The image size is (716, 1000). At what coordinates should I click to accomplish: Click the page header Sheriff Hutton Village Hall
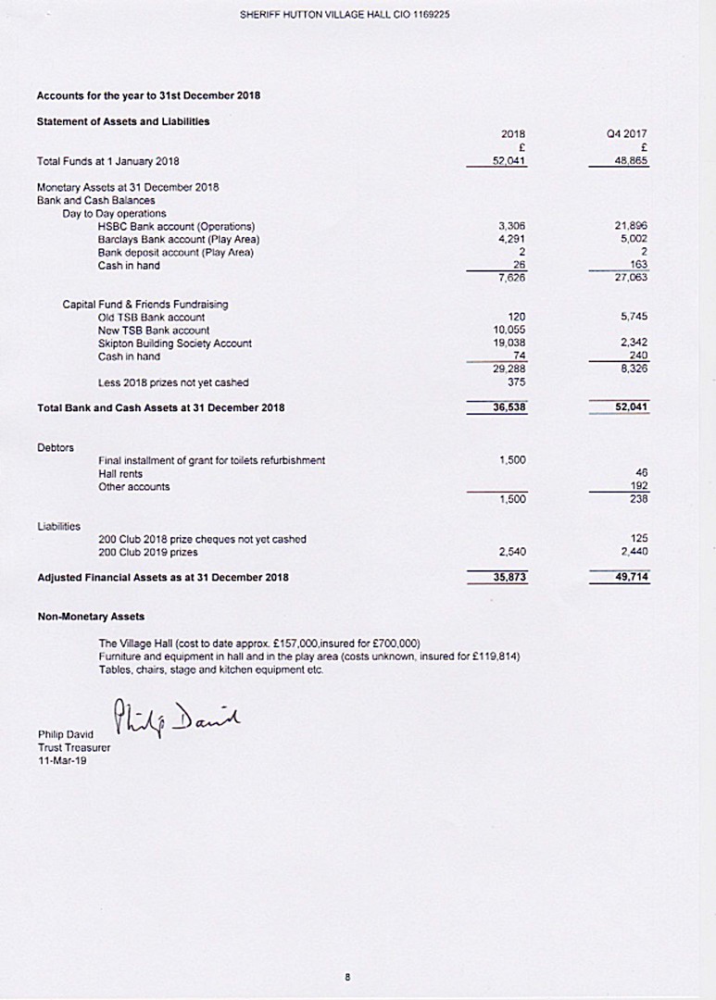click(x=345, y=15)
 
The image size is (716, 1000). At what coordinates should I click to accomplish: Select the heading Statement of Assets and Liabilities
click(x=122, y=121)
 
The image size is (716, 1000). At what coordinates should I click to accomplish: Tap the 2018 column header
click(x=513, y=133)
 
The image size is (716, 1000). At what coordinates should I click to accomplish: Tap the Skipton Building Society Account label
click(x=174, y=344)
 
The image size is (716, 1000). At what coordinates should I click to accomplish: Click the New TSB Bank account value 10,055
click(x=511, y=331)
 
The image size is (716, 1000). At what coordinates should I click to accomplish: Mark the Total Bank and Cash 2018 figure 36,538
click(x=509, y=406)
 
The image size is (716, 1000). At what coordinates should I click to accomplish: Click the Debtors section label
click(x=55, y=447)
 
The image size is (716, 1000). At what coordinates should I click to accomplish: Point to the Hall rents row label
click(x=119, y=473)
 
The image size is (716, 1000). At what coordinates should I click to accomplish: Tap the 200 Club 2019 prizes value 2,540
click(x=512, y=552)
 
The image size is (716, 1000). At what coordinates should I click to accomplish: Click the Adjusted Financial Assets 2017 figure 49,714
click(x=628, y=577)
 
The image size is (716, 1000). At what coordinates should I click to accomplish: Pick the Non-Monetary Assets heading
click(x=91, y=616)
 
